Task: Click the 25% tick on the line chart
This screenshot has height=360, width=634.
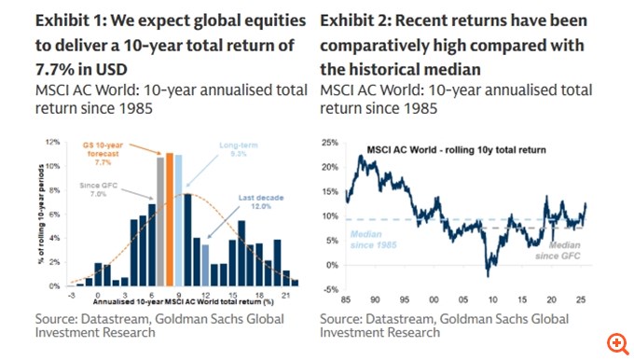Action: coord(330,143)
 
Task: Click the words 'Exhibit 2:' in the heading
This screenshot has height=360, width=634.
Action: coord(355,21)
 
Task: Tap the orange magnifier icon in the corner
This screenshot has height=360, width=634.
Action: coord(614,341)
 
